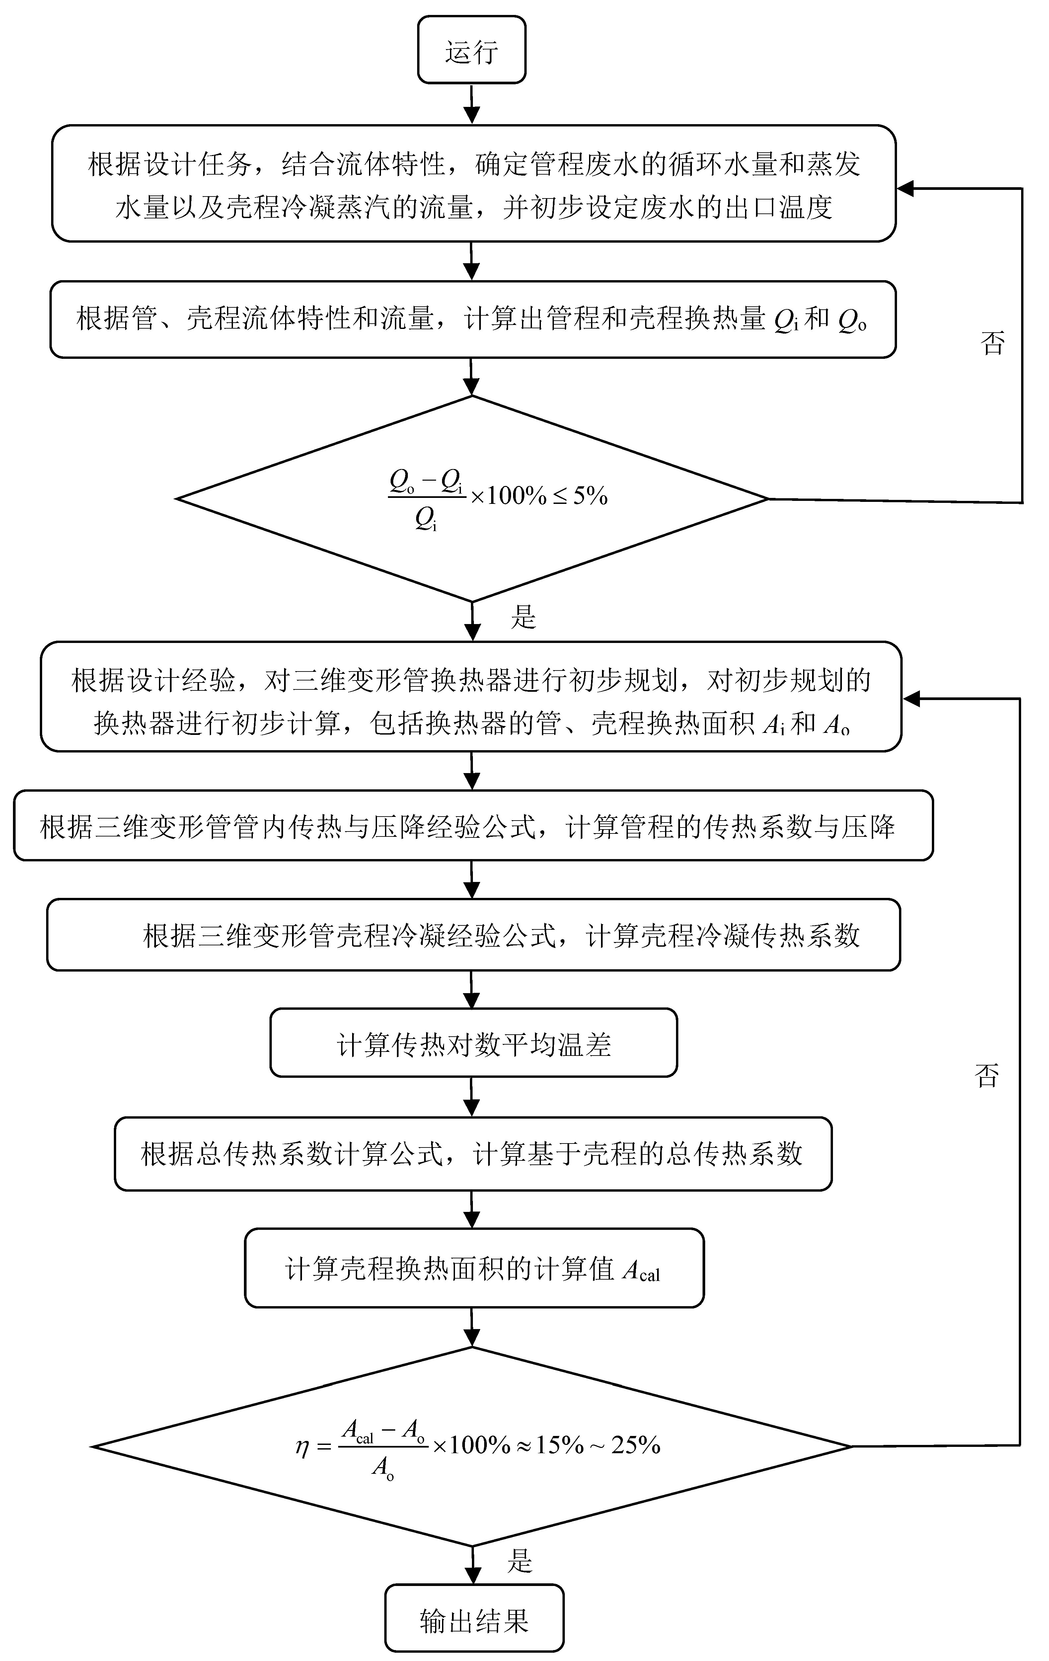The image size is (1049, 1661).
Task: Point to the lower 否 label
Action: click(x=987, y=1075)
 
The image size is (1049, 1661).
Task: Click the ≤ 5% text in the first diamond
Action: click(x=580, y=495)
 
